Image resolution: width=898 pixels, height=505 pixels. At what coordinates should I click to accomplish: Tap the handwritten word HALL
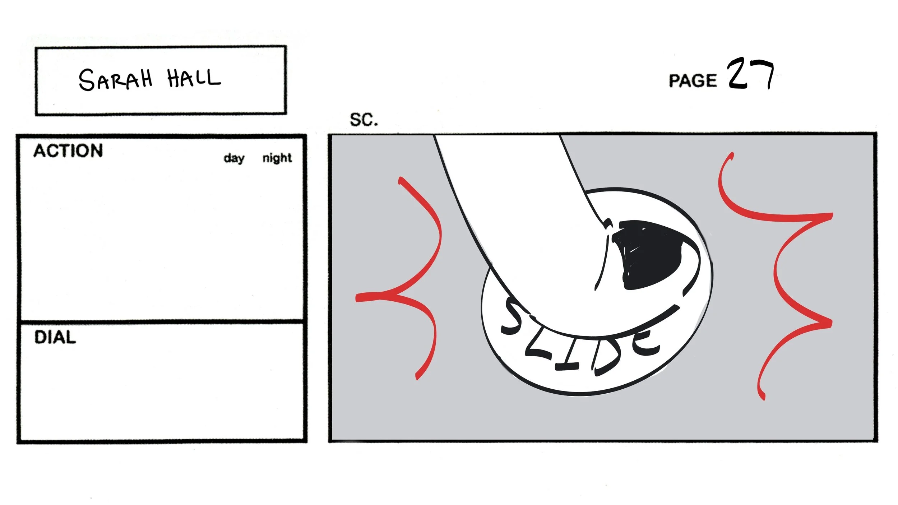pos(194,78)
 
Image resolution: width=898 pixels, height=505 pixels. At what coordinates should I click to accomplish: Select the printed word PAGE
pos(693,81)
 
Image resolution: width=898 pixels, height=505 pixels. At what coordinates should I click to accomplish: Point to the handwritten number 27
pos(750,74)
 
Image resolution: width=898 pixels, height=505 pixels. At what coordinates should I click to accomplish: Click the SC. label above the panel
pos(364,120)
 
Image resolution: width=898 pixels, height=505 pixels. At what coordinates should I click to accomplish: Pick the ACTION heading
pos(68,151)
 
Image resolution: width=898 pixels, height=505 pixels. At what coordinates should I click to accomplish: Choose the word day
pos(234,158)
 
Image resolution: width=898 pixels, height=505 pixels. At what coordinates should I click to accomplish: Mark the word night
pos(277,158)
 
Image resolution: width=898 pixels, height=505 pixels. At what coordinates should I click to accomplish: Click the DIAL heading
pos(55,338)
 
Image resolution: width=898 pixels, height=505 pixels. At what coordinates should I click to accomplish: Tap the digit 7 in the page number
pos(763,74)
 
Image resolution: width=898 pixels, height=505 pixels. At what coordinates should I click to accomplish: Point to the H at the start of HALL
pos(175,78)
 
